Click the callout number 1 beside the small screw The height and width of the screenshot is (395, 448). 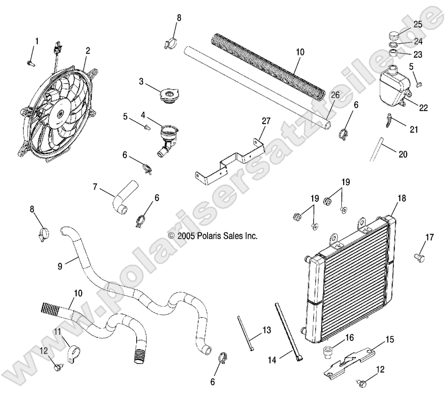[36, 41]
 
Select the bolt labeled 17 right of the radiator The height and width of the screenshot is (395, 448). [419, 256]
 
